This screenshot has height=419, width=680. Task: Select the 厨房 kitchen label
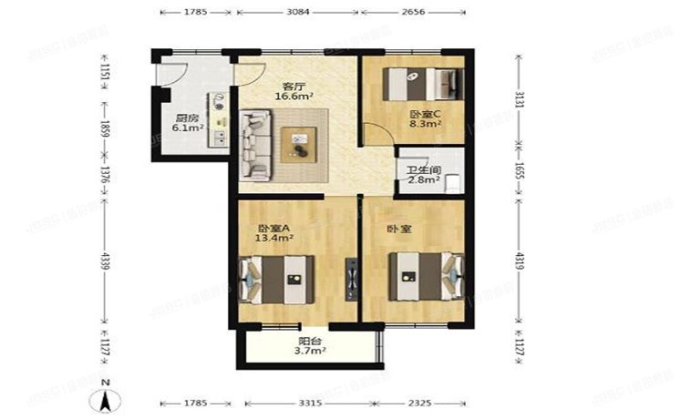pos(188,117)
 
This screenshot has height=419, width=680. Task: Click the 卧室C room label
pos(425,113)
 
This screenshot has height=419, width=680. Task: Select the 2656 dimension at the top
pos(418,13)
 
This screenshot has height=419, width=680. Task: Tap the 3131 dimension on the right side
pos(521,99)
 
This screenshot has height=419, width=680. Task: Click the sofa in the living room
pos(255,143)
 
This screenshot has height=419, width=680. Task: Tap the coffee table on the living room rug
pos(300,142)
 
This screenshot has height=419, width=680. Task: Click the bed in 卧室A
pos(278,278)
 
